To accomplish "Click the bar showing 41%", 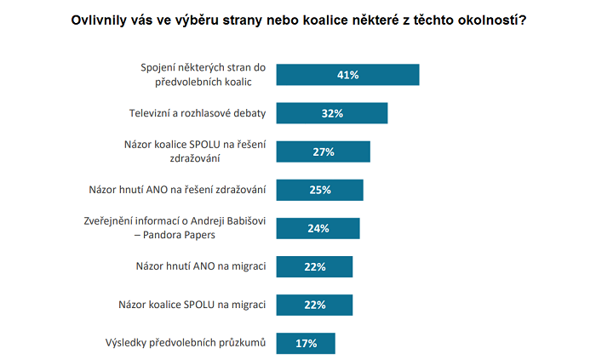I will pos(348,75).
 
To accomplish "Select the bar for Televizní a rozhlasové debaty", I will pos(333,113).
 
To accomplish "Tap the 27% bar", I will pos(324,151).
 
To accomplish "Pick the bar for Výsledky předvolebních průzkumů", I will pos(307,343).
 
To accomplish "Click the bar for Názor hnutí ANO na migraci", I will pos(315,266).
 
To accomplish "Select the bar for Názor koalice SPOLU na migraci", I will pos(315,305).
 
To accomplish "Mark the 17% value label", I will pos(306,343).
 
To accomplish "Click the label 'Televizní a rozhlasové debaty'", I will pos(197,112).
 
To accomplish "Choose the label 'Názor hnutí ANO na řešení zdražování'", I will pos(178,190).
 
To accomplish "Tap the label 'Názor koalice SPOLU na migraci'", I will pos(192,305).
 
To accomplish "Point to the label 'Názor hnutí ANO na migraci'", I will pos(201,266).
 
